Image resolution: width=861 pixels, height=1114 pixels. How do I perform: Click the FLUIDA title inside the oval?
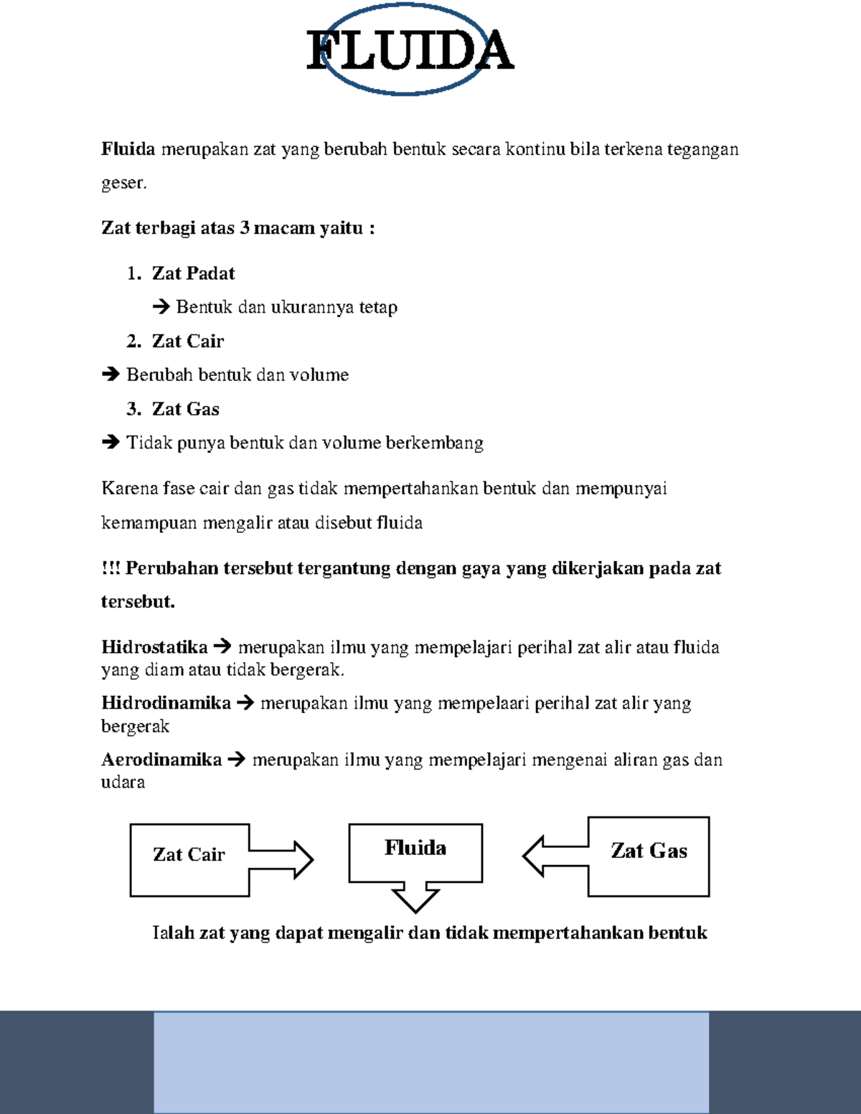click(410, 50)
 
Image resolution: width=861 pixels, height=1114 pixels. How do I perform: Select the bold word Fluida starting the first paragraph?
click(128, 149)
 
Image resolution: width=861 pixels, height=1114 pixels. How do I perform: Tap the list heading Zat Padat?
click(193, 273)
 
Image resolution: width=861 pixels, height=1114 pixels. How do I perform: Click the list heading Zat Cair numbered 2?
click(188, 341)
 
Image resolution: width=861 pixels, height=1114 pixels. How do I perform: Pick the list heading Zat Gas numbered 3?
click(185, 409)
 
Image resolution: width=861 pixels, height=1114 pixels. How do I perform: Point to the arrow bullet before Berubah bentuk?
click(110, 375)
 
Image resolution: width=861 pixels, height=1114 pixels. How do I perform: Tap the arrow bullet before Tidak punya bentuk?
click(110, 443)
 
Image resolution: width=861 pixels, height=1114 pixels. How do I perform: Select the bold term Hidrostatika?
click(154, 647)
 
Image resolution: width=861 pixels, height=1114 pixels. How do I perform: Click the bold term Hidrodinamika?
click(166, 703)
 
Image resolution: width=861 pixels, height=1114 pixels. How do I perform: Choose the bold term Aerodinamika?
click(161, 760)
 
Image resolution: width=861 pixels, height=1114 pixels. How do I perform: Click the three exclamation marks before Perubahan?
click(110, 568)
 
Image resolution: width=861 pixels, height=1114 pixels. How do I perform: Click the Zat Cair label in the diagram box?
click(189, 854)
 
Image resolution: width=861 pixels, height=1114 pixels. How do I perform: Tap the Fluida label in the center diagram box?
click(415, 848)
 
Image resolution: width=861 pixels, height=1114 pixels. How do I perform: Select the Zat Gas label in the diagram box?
click(649, 851)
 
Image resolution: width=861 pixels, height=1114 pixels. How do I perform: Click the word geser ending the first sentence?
click(123, 183)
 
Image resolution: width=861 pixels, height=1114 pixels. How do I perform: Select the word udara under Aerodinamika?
click(123, 783)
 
